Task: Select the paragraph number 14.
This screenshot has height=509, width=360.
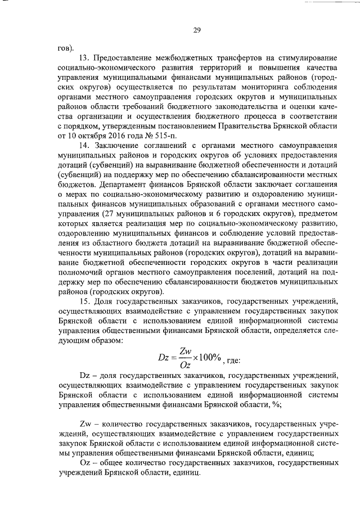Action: (x=87, y=146)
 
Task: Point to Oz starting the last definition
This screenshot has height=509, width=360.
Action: (x=86, y=463)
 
